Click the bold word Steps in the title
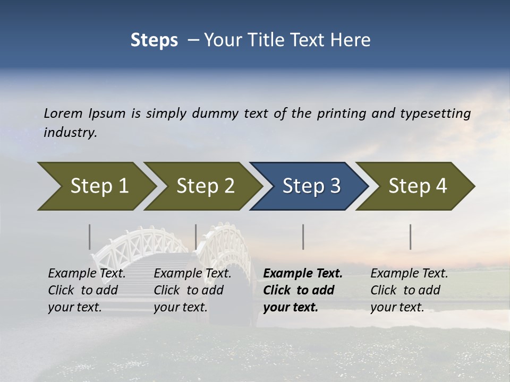154,40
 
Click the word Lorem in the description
63,113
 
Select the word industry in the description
70,133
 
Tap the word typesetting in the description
435,113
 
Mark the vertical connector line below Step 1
90,237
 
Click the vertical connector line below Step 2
196,237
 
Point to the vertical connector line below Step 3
303,237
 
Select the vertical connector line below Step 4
411,237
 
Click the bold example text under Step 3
302,290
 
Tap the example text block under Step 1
87,290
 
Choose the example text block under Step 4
409,290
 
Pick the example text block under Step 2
192,290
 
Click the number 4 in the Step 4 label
440,186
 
